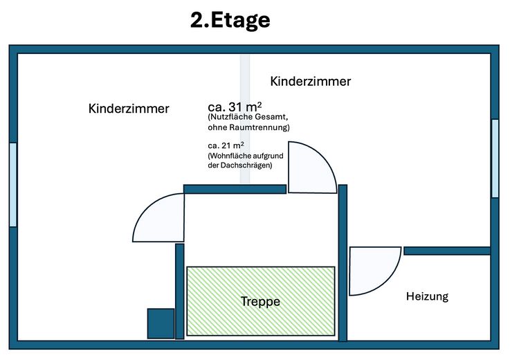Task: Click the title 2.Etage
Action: click(x=230, y=21)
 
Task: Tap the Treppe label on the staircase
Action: click(x=260, y=301)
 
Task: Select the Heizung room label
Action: click(x=427, y=296)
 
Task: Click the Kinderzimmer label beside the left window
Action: click(x=129, y=109)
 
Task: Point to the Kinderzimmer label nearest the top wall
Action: click(x=311, y=81)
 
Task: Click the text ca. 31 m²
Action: click(x=235, y=107)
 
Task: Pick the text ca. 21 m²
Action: click(x=226, y=145)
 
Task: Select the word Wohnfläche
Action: click(x=229, y=156)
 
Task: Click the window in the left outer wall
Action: click(x=13, y=185)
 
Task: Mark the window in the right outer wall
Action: click(x=495, y=158)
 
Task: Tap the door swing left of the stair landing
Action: click(x=143, y=208)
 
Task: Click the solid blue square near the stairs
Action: click(x=161, y=323)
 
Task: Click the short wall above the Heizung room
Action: click(x=447, y=251)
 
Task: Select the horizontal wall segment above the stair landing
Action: click(x=235, y=189)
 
